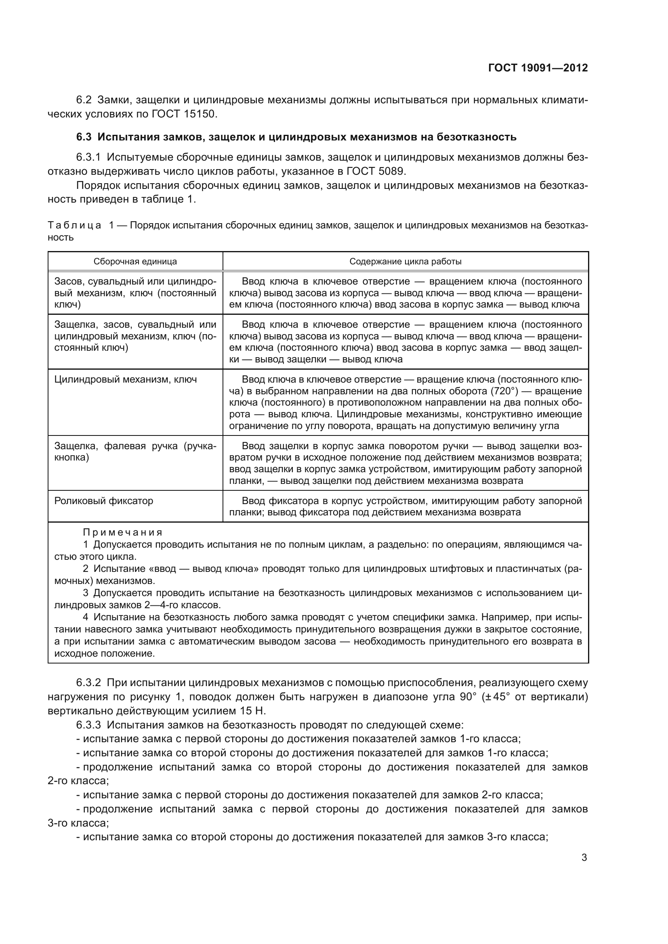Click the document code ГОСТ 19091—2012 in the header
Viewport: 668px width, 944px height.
(x=538, y=68)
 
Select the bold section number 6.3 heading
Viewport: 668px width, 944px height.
(x=84, y=137)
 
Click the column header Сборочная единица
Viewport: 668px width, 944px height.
(x=135, y=262)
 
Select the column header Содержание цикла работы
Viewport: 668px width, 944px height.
(x=405, y=262)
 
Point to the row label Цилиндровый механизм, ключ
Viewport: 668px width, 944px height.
(x=126, y=379)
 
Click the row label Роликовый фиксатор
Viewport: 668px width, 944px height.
(x=104, y=501)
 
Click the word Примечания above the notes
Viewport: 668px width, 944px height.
(x=123, y=532)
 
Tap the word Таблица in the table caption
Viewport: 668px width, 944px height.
(x=74, y=225)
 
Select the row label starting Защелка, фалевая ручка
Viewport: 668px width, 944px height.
(x=135, y=452)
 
